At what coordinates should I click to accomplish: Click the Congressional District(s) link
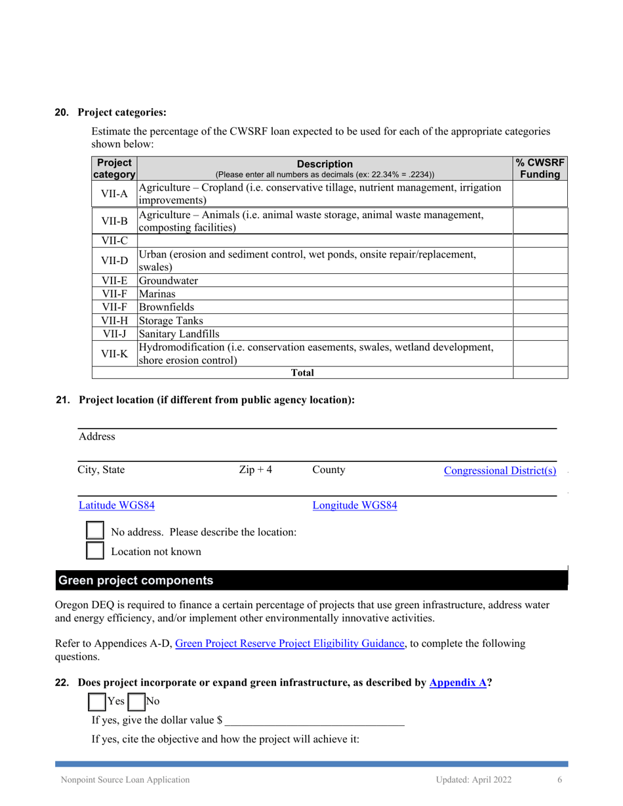coord(500,470)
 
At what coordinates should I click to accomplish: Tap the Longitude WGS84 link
coord(354,505)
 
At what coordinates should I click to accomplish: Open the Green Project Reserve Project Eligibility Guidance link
coord(290,643)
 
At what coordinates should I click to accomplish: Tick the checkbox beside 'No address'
coord(96,531)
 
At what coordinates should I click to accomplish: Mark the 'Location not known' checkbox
coord(96,550)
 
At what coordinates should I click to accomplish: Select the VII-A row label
coord(114,194)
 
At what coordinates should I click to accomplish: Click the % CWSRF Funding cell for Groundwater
coord(540,280)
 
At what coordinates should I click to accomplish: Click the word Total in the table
coord(302,373)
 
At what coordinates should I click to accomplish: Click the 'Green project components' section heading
coord(136,581)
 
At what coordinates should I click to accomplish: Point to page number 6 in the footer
coord(559,779)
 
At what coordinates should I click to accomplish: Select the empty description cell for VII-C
coord(324,240)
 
